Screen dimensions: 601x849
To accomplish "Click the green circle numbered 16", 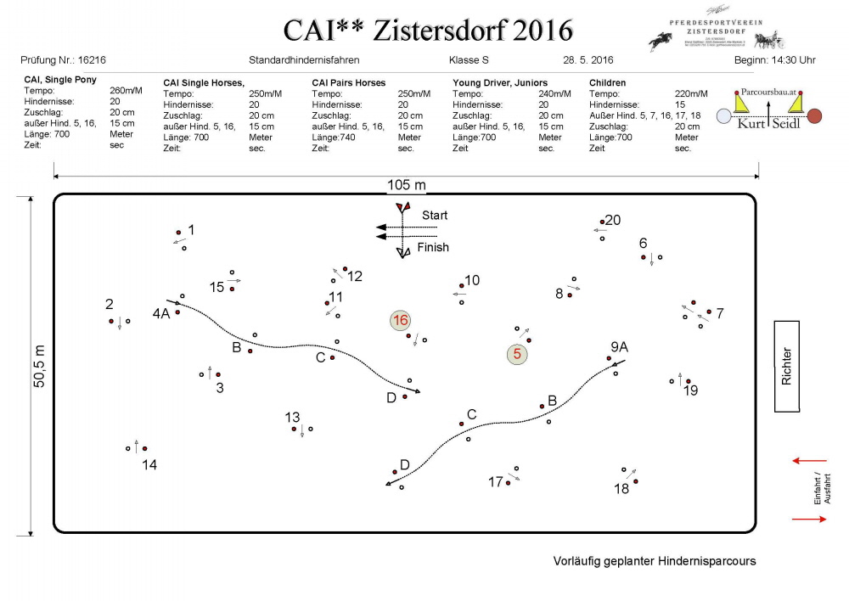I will pos(400,320).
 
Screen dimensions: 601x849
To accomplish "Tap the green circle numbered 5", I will pos(516,354).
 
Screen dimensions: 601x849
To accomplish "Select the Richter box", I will pos(787,366).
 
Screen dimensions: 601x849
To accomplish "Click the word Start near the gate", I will pos(434,216).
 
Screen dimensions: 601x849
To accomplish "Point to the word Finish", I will pos(433,247).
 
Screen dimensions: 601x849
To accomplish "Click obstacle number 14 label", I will pos(149,464).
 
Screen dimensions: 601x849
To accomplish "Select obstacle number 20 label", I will pos(612,220).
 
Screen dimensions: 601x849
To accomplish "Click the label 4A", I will pos(161,313).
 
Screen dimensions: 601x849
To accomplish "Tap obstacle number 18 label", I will pos(621,489).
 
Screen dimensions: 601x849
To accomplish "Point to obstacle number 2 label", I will pos(110,304).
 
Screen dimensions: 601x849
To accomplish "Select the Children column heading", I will pos(608,82).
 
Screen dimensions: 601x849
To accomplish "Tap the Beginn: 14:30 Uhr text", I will pos(775,61).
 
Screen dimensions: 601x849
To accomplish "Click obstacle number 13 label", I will pos(292,417).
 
